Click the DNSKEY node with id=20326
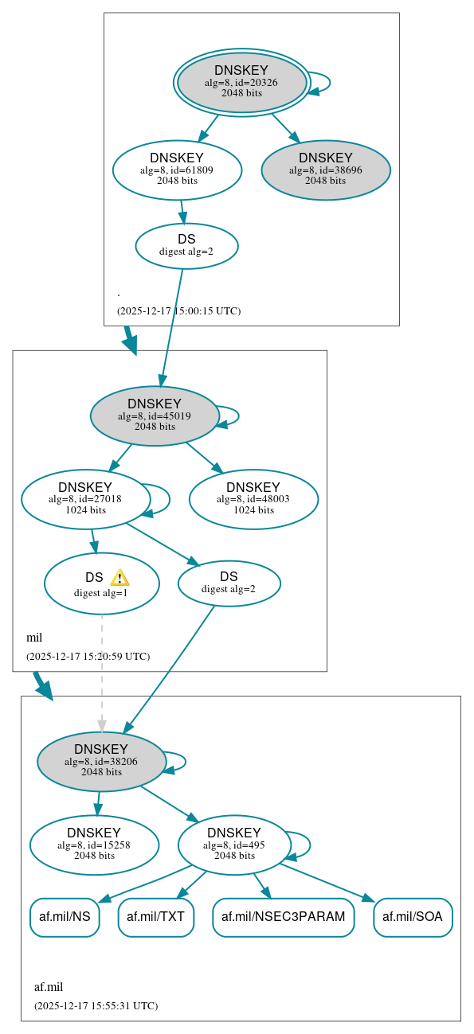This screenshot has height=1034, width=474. (x=241, y=83)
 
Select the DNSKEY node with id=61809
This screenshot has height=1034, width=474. (x=177, y=170)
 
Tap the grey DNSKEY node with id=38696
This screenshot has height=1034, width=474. (x=325, y=170)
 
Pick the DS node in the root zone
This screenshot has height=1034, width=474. (x=186, y=245)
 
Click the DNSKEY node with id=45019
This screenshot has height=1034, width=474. (x=155, y=416)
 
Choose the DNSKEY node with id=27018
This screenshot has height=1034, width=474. (x=85, y=499)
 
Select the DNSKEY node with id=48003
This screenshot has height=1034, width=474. (x=253, y=499)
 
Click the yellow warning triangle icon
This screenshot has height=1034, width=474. (x=119, y=578)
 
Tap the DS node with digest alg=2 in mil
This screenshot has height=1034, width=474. (x=229, y=583)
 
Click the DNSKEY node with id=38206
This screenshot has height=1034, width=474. (x=101, y=762)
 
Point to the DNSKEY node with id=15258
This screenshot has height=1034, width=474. (x=94, y=845)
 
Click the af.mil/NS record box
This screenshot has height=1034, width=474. (x=65, y=917)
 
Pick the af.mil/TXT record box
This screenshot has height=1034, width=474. (x=155, y=917)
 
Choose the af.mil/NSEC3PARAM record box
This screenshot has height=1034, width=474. (x=283, y=917)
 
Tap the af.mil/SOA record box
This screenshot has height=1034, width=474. (x=413, y=917)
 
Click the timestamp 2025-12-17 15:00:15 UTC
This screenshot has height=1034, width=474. (x=178, y=311)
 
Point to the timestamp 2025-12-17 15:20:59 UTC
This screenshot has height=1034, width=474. (x=88, y=657)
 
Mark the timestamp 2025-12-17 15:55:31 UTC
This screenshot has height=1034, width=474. (x=96, y=1006)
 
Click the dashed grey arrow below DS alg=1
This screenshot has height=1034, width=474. (x=101, y=669)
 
